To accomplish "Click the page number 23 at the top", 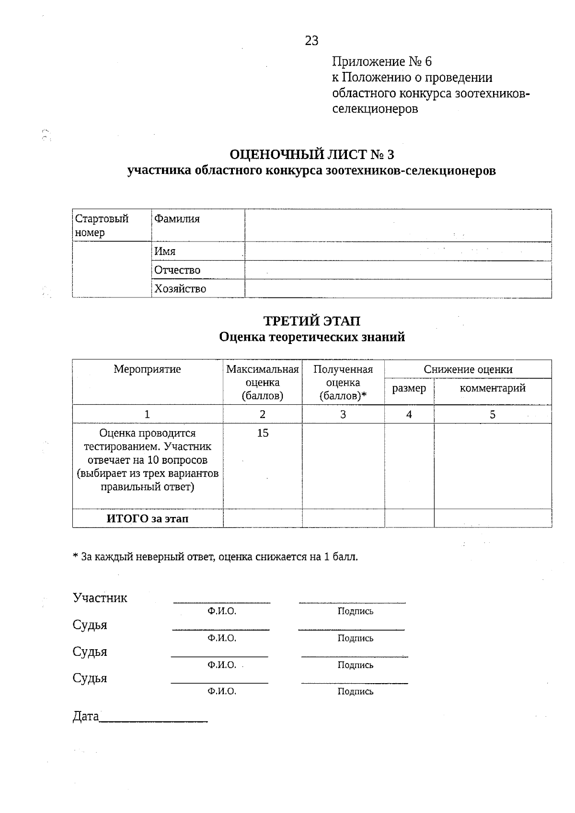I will coord(311,41).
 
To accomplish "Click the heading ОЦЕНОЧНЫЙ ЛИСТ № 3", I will coord(311,155).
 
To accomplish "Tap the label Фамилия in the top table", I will coord(177,219).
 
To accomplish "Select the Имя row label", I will coord(165,252).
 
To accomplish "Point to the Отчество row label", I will coord(177,270).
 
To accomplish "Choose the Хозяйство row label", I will coord(180,289).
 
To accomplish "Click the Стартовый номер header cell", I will coord(102,226).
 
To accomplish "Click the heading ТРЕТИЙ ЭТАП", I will coord(312,321).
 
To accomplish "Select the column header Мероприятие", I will coord(147,369).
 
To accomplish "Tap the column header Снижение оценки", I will coord(468,369).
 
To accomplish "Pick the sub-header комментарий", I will coord(493,388).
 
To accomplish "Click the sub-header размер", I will coord(409,389).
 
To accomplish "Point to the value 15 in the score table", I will coord(263,433).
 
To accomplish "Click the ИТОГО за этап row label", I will coord(147,519).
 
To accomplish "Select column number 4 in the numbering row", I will coord(409,415).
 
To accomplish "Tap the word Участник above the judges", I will coord(100,598).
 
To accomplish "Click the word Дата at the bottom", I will coord(86,717).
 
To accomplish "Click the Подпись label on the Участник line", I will coord(355,611).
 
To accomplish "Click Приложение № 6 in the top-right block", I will coord(382,62).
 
